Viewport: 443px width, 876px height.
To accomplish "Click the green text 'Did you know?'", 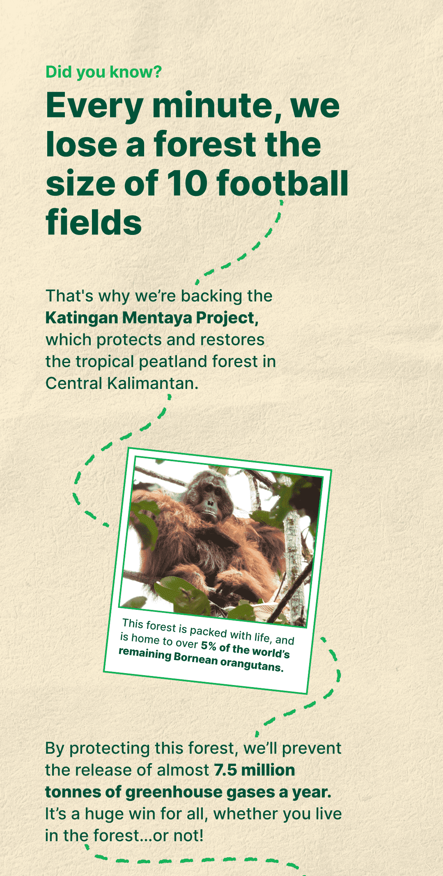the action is point(103,72).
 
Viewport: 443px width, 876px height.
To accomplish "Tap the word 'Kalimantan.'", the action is point(153,383).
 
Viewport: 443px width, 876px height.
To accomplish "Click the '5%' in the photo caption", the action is point(209,646).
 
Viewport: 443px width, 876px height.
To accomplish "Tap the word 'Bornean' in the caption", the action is point(196,658).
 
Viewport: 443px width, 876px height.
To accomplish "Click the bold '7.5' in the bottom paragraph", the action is point(225,770).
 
